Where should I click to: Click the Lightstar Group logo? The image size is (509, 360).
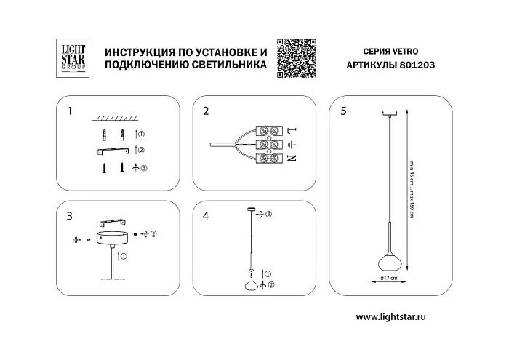click(x=71, y=57)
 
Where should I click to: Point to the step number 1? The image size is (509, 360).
click(x=70, y=111)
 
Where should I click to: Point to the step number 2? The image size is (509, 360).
click(x=207, y=111)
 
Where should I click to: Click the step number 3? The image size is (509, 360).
click(x=70, y=215)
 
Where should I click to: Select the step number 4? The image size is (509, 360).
click(x=207, y=215)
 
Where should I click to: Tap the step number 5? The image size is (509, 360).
click(x=343, y=111)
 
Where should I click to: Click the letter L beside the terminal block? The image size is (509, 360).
click(x=291, y=130)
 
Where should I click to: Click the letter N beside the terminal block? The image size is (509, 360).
click(x=291, y=158)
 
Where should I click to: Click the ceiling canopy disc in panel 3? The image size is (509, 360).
click(x=113, y=236)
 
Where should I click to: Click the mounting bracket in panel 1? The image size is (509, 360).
click(x=113, y=150)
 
